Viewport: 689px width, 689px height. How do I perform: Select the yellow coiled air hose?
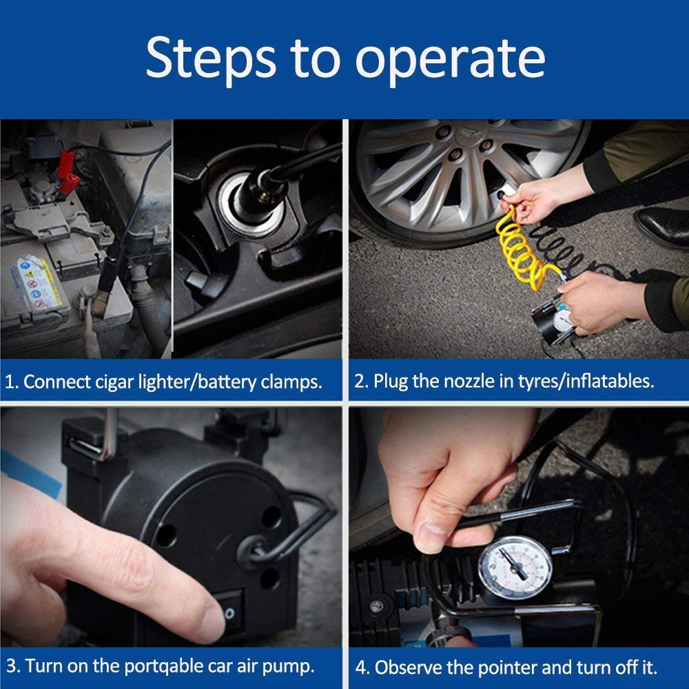(520, 248)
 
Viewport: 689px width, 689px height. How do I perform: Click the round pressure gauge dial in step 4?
(515, 568)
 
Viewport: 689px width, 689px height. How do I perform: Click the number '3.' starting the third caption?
(12, 666)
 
